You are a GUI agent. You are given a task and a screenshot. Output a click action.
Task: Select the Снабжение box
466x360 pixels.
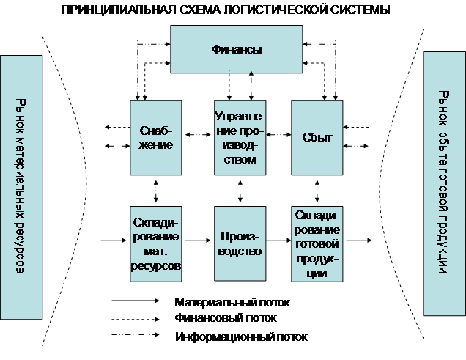pos(155,137)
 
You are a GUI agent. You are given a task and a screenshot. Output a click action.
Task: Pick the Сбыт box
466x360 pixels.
pos(317,137)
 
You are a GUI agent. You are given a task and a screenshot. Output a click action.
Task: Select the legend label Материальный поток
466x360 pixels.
pos(232,301)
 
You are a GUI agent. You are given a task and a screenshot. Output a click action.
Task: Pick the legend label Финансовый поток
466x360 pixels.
pos(225,318)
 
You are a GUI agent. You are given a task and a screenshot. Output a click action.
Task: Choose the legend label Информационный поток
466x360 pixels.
pos(240,337)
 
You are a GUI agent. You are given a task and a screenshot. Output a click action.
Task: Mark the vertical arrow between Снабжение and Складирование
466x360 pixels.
pos(155,191)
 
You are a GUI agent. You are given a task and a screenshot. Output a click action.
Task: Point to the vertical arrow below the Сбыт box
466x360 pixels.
pos(317,191)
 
